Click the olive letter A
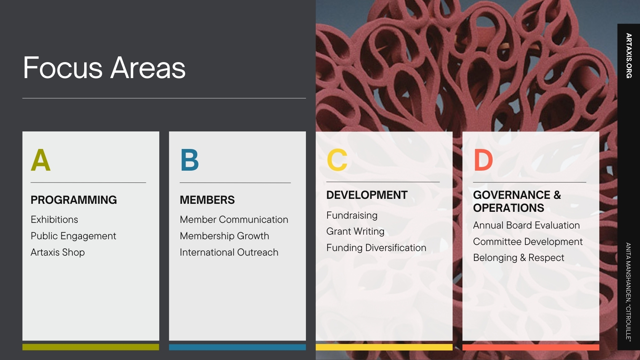(x=40, y=160)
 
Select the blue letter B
(x=190, y=160)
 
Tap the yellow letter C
(x=337, y=160)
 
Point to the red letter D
(x=483, y=160)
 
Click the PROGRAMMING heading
(x=74, y=200)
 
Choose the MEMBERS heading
(x=207, y=200)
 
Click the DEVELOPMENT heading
(x=367, y=195)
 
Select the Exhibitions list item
(x=54, y=220)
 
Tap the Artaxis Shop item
(x=58, y=252)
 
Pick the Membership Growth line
(x=224, y=236)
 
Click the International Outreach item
(x=229, y=252)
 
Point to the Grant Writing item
(x=355, y=232)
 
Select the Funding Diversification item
(x=376, y=248)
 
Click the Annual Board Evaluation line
(x=526, y=226)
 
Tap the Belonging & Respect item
(x=518, y=258)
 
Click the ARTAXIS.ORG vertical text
(x=629, y=56)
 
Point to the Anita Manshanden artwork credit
(x=629, y=292)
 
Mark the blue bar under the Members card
(x=237, y=347)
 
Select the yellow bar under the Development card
(x=384, y=347)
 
